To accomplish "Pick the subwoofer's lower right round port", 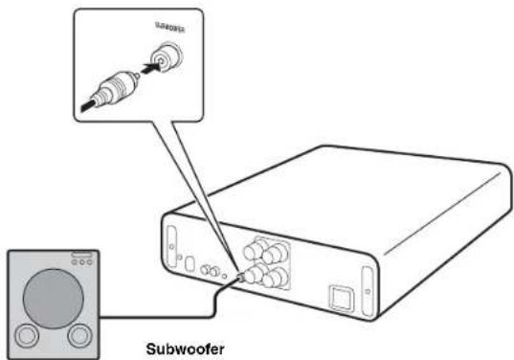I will point(78,336).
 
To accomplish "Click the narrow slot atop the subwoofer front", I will point(78,255).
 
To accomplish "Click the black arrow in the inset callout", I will point(146,68).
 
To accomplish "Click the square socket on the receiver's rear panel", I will point(341,296).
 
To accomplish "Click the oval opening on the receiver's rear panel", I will point(191,263).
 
